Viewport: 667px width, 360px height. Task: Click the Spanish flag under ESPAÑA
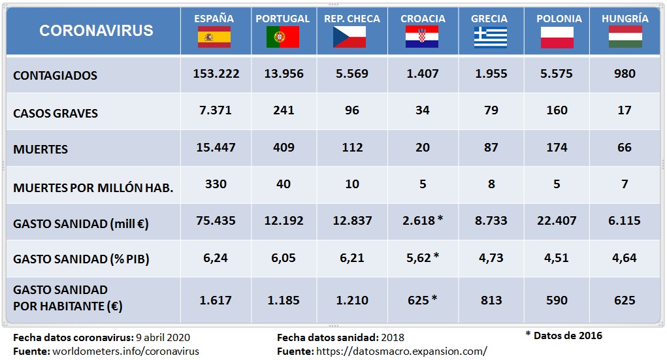(214, 37)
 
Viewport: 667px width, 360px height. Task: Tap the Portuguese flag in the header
(283, 37)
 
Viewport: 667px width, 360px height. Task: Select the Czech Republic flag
(351, 37)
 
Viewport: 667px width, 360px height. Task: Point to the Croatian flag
(422, 37)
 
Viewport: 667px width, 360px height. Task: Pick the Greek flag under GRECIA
(490, 37)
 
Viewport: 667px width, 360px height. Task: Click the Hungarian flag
(625, 37)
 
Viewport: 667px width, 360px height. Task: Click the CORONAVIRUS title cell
(96, 31)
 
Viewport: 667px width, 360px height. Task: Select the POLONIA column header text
(559, 19)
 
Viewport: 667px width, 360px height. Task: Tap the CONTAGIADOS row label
(55, 76)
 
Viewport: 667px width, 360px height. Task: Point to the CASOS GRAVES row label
(56, 113)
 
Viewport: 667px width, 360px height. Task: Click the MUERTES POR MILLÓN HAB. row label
(93, 188)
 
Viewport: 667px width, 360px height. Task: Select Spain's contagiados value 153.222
(216, 74)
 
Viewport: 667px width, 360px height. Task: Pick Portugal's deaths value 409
(284, 148)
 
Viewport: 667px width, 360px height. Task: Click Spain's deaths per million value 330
(216, 184)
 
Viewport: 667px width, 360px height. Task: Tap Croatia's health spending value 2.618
(419, 221)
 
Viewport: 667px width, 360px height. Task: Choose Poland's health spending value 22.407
(557, 221)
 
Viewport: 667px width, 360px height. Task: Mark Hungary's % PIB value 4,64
(625, 258)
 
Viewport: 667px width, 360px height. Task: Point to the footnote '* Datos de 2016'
(564, 336)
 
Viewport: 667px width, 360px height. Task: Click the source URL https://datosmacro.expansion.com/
(402, 351)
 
